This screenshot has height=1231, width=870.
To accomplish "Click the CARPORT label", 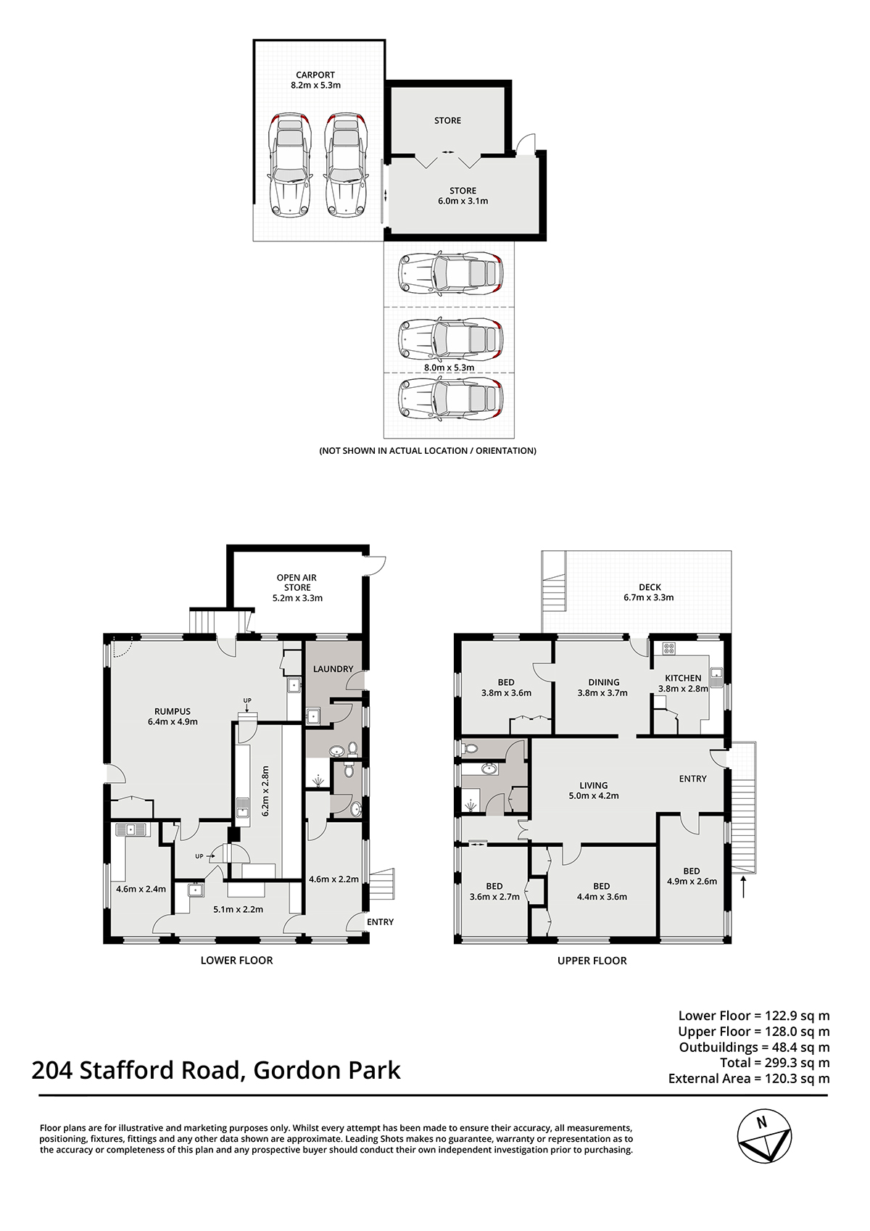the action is [315, 75].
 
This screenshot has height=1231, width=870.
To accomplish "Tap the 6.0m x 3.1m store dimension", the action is [463, 201].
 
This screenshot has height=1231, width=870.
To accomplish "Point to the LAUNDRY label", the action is [333, 669].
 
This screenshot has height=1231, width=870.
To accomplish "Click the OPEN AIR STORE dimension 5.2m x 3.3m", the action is [297, 598].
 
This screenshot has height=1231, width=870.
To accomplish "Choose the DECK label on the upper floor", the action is [650, 587].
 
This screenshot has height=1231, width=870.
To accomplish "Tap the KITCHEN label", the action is [683, 678].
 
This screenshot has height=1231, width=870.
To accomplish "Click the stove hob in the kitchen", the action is [669, 648].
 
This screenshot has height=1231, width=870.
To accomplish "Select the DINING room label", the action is [603, 682].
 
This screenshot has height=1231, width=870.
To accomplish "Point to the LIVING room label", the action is [594, 785].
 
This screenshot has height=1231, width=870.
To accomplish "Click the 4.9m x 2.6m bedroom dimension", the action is [692, 881].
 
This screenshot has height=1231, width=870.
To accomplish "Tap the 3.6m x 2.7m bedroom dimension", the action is [494, 896].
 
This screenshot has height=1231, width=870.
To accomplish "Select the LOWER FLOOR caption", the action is [236, 960].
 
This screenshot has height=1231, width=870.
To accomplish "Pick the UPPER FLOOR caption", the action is [592, 961].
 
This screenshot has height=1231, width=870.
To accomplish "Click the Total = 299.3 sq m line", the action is [775, 1063].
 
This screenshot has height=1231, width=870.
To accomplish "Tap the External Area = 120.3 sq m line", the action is [749, 1078].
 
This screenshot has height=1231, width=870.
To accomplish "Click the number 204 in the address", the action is [52, 1071].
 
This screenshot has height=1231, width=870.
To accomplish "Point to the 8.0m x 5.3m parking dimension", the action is [449, 368].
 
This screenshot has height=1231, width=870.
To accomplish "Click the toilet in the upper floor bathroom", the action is [469, 748].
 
